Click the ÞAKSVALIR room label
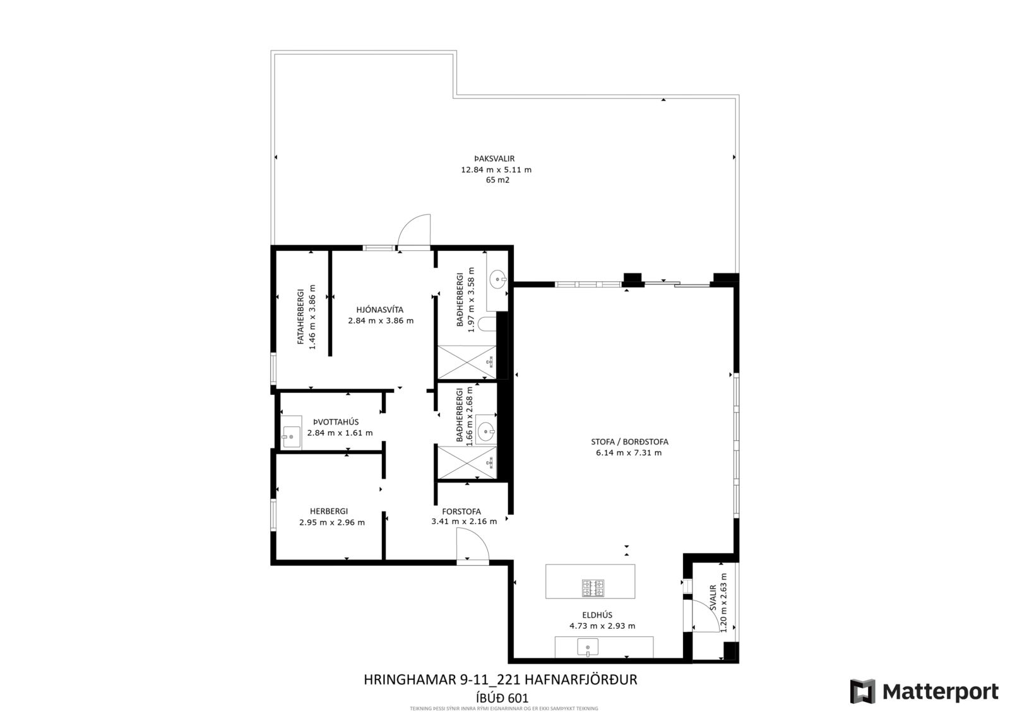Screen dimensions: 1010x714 [494, 158]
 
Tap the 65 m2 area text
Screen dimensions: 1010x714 [497, 180]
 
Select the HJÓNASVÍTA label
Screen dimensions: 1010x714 [379, 310]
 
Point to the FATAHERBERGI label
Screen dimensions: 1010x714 [300, 317]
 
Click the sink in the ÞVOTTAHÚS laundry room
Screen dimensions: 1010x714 [291, 433]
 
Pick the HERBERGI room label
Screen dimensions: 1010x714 [329, 512]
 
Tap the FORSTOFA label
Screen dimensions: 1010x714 [461, 512]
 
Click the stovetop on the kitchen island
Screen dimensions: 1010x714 [593, 588]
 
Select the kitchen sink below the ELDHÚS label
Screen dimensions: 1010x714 [588, 647]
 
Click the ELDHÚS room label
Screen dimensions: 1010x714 [597, 615]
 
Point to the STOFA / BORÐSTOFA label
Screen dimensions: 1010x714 [629, 442]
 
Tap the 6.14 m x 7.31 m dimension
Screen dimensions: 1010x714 [629, 453]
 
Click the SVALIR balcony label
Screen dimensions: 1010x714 [713, 598]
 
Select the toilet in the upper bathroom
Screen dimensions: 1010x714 [487, 324]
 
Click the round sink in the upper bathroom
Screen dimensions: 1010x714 [498, 279]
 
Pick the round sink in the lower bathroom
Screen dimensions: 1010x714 [486, 431]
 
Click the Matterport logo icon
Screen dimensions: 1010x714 [862, 691]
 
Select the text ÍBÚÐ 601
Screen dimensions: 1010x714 [502, 698]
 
